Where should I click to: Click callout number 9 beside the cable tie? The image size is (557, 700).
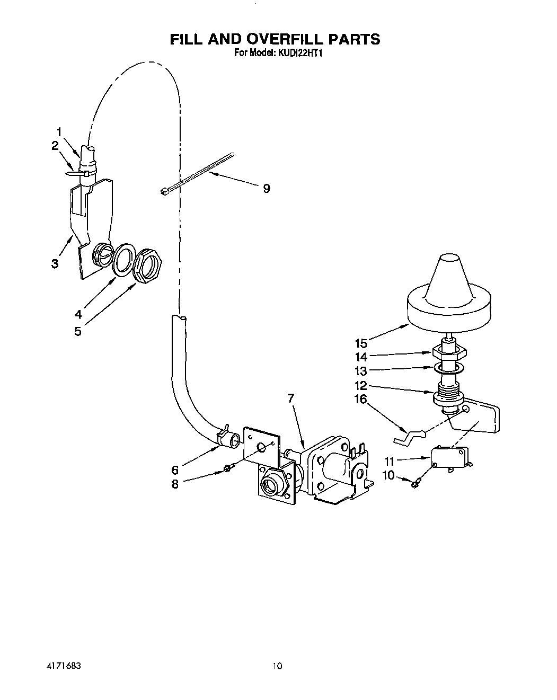click(267, 188)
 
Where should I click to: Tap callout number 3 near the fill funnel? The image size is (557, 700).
click(55, 263)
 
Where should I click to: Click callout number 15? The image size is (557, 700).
click(361, 343)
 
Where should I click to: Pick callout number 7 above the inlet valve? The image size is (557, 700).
click(291, 397)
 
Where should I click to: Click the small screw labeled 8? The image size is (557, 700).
click(227, 467)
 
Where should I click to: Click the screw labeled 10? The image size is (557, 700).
click(416, 481)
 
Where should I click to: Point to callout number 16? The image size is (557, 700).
click(360, 398)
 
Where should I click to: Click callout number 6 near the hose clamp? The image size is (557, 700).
click(175, 469)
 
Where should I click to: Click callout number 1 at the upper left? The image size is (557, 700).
click(59, 131)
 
